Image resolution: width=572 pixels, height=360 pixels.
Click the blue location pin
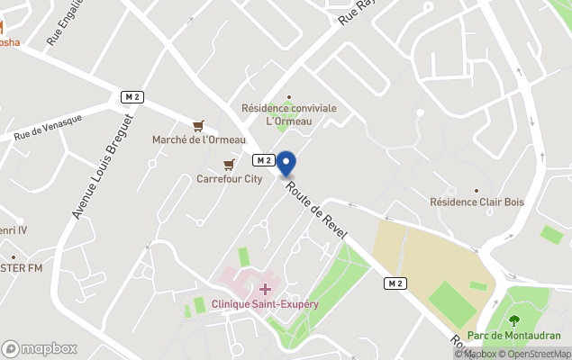(x=286, y=164)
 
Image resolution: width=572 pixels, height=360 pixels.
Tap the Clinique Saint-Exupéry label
(x=265, y=304)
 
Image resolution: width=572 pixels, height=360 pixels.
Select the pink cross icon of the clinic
(x=265, y=288)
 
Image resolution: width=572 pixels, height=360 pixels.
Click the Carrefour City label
(x=230, y=178)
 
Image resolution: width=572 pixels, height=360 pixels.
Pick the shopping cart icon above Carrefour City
(x=230, y=164)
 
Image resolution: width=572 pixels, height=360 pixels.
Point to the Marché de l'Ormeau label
(x=198, y=139)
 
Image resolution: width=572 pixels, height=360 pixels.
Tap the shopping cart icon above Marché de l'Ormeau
(x=198, y=125)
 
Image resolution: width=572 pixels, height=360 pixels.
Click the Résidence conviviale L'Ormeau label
(x=289, y=114)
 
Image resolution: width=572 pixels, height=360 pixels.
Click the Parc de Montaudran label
(x=515, y=335)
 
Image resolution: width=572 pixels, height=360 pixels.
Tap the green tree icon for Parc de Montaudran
(x=514, y=319)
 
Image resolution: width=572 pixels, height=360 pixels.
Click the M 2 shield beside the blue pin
(x=263, y=159)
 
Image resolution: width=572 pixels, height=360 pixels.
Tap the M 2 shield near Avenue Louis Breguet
(x=133, y=96)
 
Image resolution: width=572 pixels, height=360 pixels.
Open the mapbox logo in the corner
(x=40, y=348)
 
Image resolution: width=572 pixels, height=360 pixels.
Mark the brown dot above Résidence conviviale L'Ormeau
(x=289, y=96)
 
